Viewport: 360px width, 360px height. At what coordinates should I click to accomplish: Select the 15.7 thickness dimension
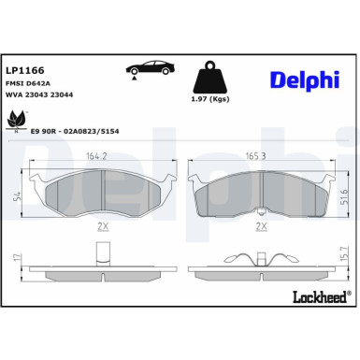[x=342, y=253]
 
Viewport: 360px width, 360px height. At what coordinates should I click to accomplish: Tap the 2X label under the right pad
[x=263, y=226]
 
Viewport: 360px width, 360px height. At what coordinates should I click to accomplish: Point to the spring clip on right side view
[x=263, y=257]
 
